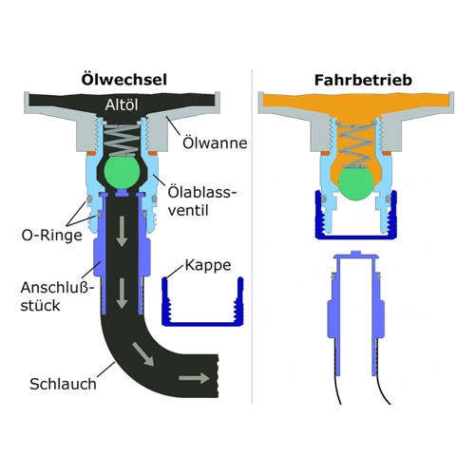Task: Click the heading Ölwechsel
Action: (124, 79)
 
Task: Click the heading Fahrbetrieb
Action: (363, 80)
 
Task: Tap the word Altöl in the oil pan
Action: (122, 104)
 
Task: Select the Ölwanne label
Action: (215, 142)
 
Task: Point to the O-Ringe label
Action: (52, 236)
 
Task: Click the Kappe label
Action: (208, 265)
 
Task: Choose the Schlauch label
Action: (63, 384)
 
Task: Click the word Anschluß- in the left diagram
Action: (58, 288)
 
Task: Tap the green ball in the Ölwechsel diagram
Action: (122, 173)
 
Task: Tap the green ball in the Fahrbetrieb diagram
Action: (355, 184)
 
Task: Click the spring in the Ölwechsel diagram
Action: (122, 140)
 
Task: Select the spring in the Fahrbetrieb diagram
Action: (355, 145)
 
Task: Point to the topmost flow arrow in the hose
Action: (122, 232)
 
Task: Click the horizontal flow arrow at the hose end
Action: (194, 378)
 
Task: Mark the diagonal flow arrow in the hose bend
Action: (143, 354)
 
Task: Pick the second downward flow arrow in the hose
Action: (122, 294)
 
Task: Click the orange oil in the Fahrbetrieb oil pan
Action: (355, 104)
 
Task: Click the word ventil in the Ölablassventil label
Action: (188, 210)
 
